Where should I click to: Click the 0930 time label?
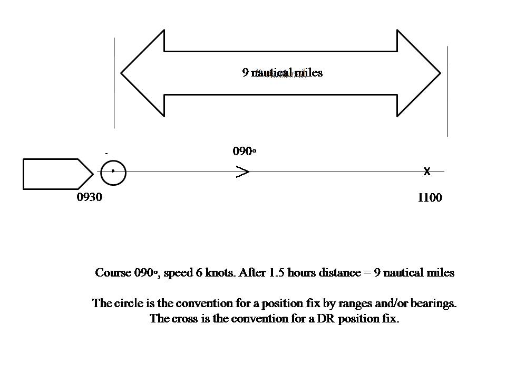(90, 198)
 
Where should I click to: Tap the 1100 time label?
(430, 198)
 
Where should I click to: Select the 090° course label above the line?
(245, 151)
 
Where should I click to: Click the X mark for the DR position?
(427, 172)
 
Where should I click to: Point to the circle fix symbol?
(113, 172)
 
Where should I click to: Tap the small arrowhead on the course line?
(243, 172)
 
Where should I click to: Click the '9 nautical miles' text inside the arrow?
(283, 73)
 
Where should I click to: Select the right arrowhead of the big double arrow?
(419, 73)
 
